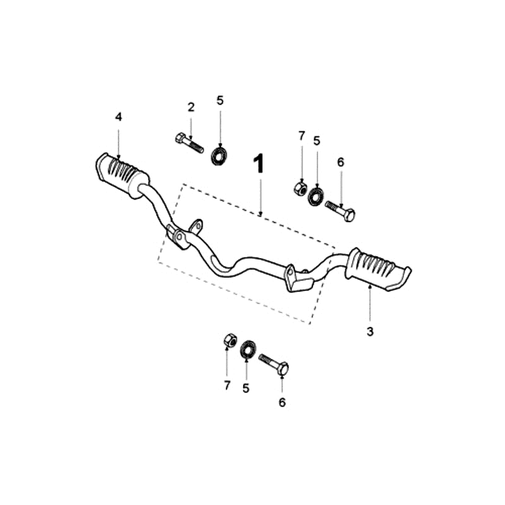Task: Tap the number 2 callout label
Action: [191, 107]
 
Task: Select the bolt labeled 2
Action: [187, 143]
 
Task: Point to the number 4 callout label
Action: [118, 117]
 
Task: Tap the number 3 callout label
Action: [371, 331]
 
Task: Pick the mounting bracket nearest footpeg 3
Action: [295, 278]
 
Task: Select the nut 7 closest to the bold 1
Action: [301, 188]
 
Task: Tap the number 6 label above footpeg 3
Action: [340, 162]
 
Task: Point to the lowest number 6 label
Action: [282, 402]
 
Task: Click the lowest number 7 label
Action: [227, 386]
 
